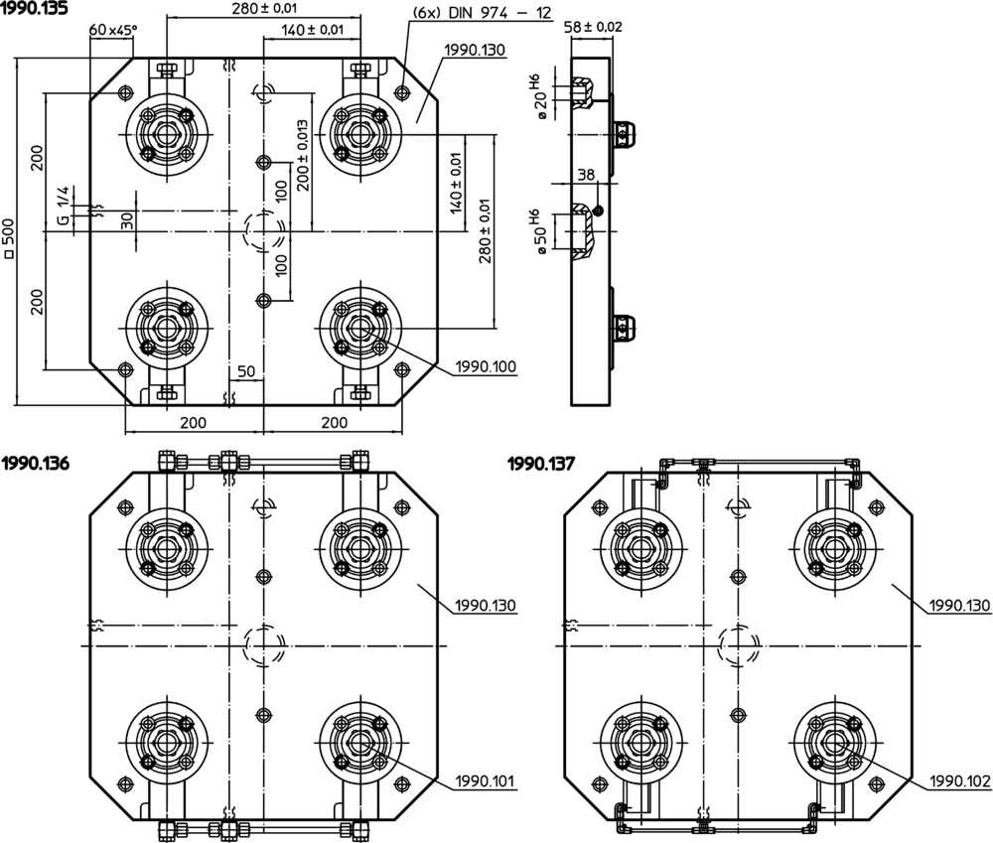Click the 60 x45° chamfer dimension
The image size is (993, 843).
pyautogui.click(x=112, y=29)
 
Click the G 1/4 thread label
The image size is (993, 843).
pyautogui.click(x=63, y=205)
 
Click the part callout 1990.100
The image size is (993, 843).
pyautogui.click(x=486, y=366)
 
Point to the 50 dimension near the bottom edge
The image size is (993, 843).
pyautogui.click(x=246, y=371)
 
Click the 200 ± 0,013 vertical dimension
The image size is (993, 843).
pyautogui.click(x=303, y=155)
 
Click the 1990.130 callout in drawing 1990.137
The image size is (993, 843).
pyautogui.click(x=960, y=605)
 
